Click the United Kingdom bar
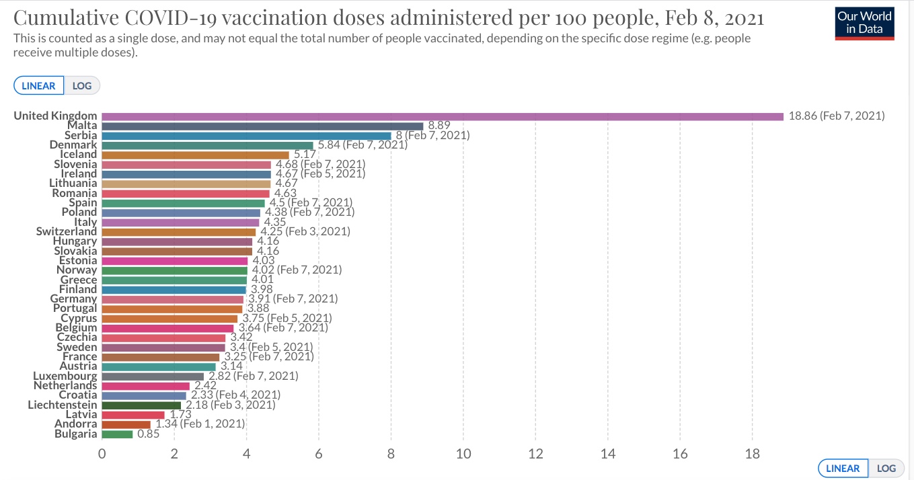pyautogui.click(x=443, y=116)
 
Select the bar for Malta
pyautogui.click(x=262, y=126)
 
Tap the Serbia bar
pyautogui.click(x=246, y=135)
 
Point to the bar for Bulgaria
pyautogui.click(x=117, y=434)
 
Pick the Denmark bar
pyautogui.click(x=207, y=145)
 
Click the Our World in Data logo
pyautogui.click(x=864, y=23)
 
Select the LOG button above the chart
pyautogui.click(x=82, y=85)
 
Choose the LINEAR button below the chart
pyautogui.click(x=842, y=468)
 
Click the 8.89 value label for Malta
pyautogui.click(x=439, y=126)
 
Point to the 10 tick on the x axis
pyautogui.click(x=463, y=453)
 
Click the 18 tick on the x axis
pyautogui.click(x=752, y=453)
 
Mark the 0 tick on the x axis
pyautogui.click(x=102, y=453)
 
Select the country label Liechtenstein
pyautogui.click(x=63, y=405)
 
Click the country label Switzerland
pyautogui.click(x=67, y=231)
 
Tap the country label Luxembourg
pyautogui.click(x=65, y=376)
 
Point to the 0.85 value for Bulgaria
pyautogui.click(x=148, y=434)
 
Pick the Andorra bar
pyautogui.click(x=126, y=424)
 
